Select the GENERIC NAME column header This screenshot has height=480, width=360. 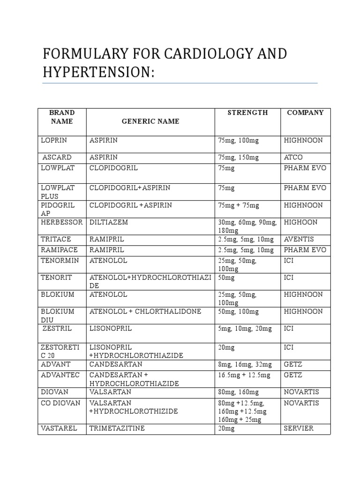(150, 121)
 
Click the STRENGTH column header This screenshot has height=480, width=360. (247, 113)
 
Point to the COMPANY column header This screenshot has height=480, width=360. (305, 113)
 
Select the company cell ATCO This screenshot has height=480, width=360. (293, 157)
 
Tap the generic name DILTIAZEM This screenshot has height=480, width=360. (109, 222)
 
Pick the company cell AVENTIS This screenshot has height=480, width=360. (298, 239)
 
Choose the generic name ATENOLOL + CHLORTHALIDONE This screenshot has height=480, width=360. (145, 312)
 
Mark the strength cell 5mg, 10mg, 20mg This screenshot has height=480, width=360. (245, 329)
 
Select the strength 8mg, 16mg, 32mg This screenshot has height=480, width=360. (245, 364)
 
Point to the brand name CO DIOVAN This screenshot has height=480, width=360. (61, 403)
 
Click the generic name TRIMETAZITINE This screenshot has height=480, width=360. (117, 428)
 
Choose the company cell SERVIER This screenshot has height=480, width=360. (299, 428)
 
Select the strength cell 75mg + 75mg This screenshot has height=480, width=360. (238, 205)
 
